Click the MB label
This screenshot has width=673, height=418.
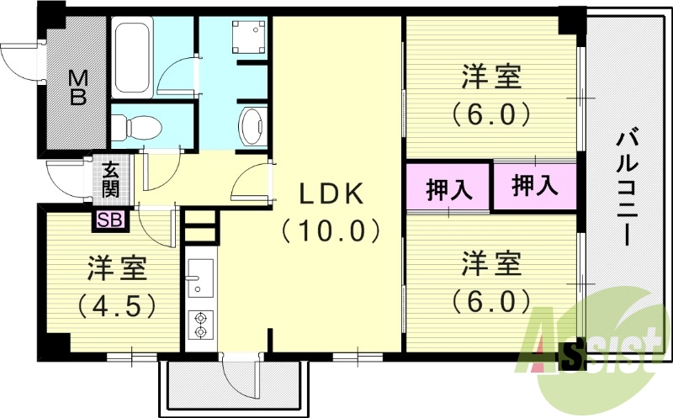77,87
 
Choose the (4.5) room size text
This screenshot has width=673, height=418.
118,304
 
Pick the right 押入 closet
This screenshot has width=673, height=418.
535,184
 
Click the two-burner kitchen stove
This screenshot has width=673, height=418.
201,325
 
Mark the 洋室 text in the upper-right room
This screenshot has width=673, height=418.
491,77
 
